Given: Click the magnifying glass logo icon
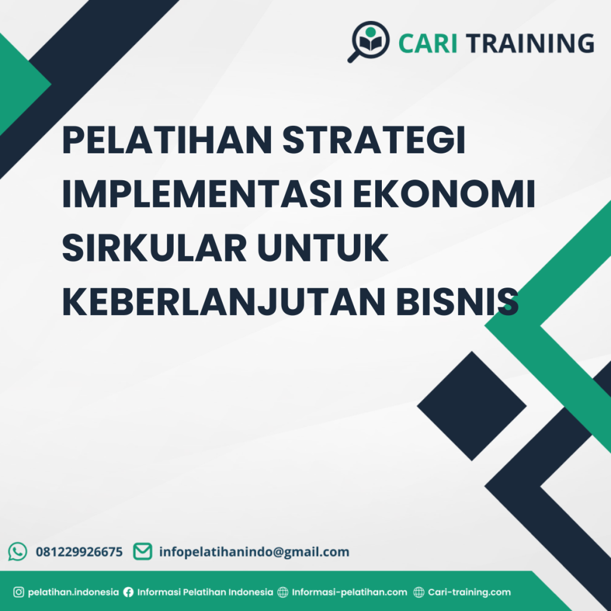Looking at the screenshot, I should tap(368, 41).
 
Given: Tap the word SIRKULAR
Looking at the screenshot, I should tap(154, 249).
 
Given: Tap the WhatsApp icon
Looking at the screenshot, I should tap(18, 551).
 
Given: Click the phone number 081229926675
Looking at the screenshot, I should tap(79, 552).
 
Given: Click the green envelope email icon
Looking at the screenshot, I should tap(142, 551).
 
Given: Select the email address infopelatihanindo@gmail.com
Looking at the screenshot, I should tap(254, 552).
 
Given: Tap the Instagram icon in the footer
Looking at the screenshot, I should tap(18, 593).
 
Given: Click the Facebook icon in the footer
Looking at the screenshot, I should tap(128, 593).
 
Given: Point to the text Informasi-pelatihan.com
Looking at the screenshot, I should tap(349, 593).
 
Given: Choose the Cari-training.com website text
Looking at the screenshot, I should tap(469, 593).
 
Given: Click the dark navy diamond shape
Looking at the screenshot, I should tap(471, 406).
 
